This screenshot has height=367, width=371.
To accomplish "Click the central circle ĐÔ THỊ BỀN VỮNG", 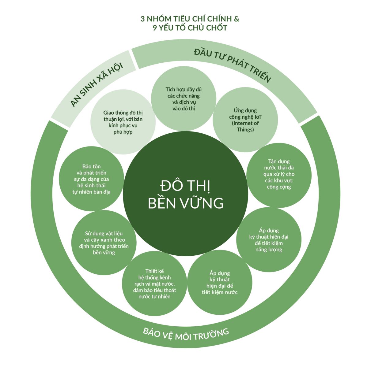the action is (x=185, y=193).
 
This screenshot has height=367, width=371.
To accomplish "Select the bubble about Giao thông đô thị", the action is (x=123, y=122).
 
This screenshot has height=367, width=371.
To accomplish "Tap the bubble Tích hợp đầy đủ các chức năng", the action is (x=184, y=98).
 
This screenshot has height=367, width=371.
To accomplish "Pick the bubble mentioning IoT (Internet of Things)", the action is (x=245, y=120).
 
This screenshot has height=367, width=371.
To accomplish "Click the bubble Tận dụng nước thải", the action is (x=279, y=175).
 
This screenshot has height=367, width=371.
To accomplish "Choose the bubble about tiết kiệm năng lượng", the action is (x=269, y=239).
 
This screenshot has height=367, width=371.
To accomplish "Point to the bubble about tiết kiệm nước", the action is (x=219, y=282).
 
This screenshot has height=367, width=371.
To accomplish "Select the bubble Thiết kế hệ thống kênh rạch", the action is (x=154, y=284).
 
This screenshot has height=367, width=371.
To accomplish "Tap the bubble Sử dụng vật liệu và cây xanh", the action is (x=104, y=243).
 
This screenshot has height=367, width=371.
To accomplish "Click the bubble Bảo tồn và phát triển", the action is (x=91, y=179).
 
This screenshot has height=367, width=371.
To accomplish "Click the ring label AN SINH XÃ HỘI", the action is (x=96, y=85).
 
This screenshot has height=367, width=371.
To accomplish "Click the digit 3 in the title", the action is (x=142, y=19).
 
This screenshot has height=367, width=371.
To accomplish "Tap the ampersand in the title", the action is (x=237, y=19).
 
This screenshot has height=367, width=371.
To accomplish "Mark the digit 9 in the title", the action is (x=155, y=28).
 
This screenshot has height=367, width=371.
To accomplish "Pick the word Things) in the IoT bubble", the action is (x=245, y=130).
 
